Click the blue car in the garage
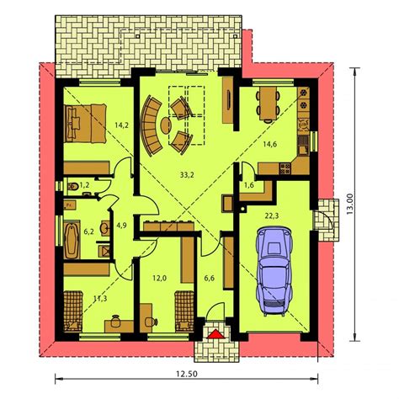pos(274,271)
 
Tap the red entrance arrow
pos(215,334)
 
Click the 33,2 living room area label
pos(187,175)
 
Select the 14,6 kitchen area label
pos(270,144)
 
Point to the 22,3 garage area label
pos(272,216)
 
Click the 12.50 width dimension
pos(187,374)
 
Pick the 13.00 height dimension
pos(350,205)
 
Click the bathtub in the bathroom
pos(72,240)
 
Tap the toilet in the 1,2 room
pos(72,185)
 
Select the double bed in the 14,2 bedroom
pos(85,124)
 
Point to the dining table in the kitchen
pos(268,103)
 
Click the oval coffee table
pos(166,125)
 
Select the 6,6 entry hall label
pos(209,279)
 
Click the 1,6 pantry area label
pos(249,185)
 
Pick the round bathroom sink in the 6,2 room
pos(105,227)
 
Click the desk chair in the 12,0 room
pos(151,322)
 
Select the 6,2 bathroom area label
pos(89,231)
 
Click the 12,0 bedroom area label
pos(160,279)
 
